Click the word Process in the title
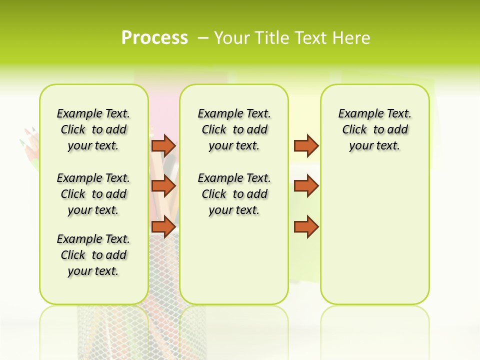(154, 38)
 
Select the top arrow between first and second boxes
(163, 145)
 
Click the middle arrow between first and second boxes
(163, 186)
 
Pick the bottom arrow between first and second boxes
(163, 226)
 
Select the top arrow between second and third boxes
(306, 145)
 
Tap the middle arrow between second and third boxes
(306, 186)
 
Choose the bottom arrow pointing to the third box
(306, 226)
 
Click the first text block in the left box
(93, 129)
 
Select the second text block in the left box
(93, 194)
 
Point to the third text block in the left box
(93, 255)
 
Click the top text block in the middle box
(234, 129)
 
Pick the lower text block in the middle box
(234, 194)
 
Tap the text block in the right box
(374, 129)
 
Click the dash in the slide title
(203, 38)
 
